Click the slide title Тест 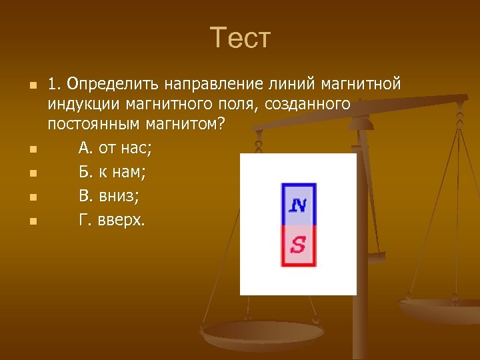240,38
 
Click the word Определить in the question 108,85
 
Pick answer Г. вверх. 111,220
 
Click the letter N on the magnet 298,204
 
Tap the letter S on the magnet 298,245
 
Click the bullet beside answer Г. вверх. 31,221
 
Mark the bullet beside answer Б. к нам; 31,173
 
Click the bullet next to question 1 31,86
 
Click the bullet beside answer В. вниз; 31,197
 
